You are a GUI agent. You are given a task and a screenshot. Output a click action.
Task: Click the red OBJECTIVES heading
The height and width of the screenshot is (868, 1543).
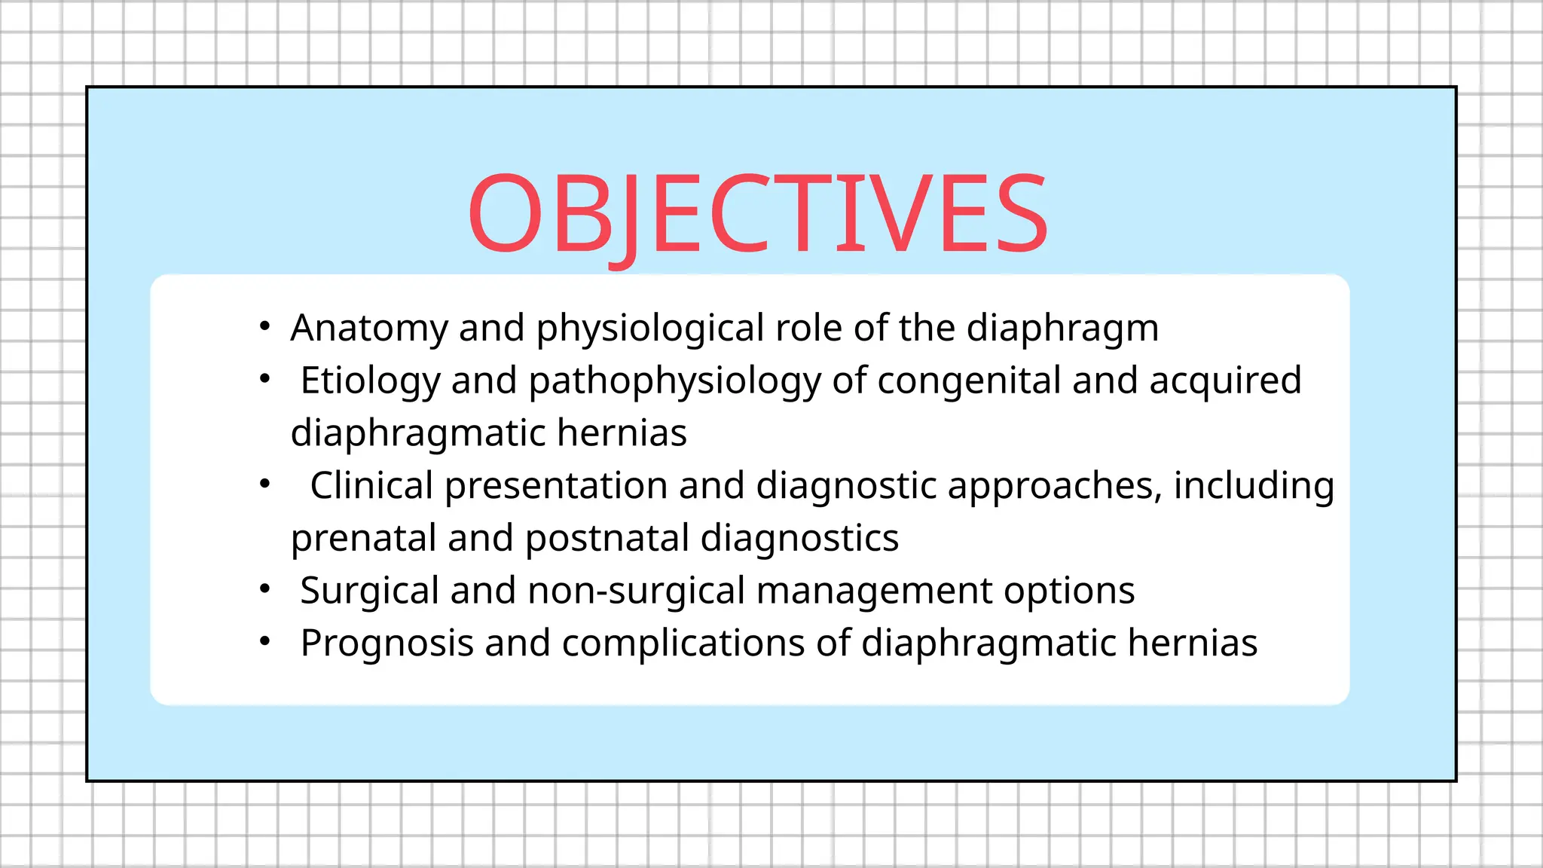[x=757, y=214]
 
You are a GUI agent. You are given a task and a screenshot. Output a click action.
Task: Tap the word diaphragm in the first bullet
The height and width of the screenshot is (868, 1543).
[x=1062, y=329]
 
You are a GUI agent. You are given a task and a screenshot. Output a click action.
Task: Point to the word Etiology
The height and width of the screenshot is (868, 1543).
[x=370, y=381]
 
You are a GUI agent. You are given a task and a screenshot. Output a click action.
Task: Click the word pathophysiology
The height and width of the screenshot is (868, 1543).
[x=674, y=381]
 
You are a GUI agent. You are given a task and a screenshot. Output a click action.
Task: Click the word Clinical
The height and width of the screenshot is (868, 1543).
[x=371, y=486]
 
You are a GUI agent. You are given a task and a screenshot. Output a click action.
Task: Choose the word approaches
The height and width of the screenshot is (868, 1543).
[x=1050, y=486]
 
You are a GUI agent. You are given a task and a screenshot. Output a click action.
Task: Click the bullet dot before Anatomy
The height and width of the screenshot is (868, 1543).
[x=264, y=327]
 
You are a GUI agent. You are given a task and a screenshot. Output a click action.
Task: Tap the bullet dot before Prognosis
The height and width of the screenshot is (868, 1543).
[x=264, y=642]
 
